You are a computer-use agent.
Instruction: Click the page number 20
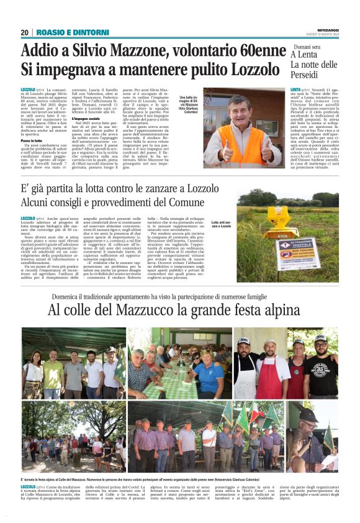pyautogui.click(x=24, y=32)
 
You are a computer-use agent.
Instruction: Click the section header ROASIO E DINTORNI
pyautogui.click(x=65, y=32)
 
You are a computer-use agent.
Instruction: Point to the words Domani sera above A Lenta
pyautogui.click(x=307, y=47)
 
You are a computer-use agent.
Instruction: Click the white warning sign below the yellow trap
pyautogui.click(x=285, y=250)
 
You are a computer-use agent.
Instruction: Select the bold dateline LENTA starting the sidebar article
pyautogui.click(x=296, y=91)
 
